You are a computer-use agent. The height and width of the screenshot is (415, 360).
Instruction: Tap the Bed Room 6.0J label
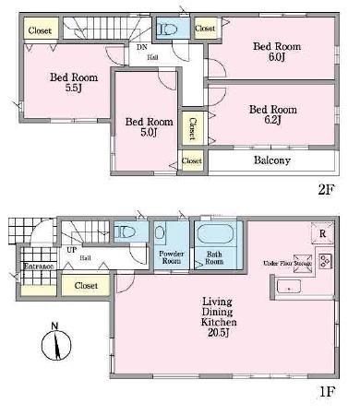click(275, 50)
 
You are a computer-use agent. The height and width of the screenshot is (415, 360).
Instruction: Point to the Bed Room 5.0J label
click(149, 126)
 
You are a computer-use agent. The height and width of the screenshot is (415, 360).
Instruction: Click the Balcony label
click(271, 160)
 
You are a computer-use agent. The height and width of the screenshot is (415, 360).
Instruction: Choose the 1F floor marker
click(324, 391)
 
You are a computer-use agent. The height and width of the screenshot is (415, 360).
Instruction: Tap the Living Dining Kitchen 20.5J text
click(217, 319)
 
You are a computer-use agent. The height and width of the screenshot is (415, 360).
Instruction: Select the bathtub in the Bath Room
click(218, 234)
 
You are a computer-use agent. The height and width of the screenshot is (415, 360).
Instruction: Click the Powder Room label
click(173, 257)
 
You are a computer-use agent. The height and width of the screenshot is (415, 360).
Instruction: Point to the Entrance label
click(38, 267)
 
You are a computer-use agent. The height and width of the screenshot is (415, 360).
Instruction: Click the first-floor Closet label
click(86, 286)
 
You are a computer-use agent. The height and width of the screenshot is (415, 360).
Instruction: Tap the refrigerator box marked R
click(322, 232)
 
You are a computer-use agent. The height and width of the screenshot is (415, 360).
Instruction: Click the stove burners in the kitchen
click(325, 262)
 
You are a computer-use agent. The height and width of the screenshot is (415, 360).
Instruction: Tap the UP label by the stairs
click(71, 250)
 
